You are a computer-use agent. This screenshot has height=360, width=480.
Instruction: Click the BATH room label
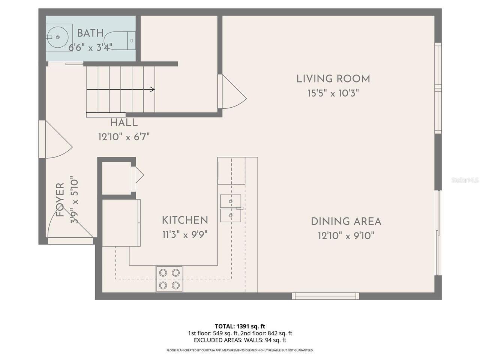tap(90, 33)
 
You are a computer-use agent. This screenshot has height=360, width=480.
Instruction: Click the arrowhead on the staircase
tap(152, 89)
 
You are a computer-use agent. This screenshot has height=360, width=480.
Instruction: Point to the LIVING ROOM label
tap(333, 79)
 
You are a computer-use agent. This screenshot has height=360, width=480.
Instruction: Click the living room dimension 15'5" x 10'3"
tap(333, 93)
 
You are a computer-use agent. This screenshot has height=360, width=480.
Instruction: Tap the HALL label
tap(124, 123)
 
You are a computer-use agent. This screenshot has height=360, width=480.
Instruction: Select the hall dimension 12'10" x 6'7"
tap(124, 137)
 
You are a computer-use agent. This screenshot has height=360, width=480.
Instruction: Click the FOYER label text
tap(60, 200)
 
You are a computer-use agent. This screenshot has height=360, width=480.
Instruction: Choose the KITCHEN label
tap(185, 220)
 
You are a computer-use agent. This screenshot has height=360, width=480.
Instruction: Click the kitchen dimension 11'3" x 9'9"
tap(185, 235)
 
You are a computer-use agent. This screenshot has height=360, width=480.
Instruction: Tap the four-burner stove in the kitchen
tap(169, 279)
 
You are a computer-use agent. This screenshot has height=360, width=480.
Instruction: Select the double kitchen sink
tap(231, 208)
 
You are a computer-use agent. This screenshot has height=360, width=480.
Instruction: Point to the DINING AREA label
tap(346, 221)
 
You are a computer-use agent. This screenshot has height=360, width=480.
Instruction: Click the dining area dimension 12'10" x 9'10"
tap(346, 236)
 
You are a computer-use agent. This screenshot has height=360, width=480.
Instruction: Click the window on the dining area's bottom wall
tap(325, 296)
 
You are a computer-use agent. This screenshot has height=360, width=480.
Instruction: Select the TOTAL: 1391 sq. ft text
tap(240, 326)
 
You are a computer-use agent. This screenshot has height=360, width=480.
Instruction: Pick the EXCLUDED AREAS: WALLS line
tap(240, 340)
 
